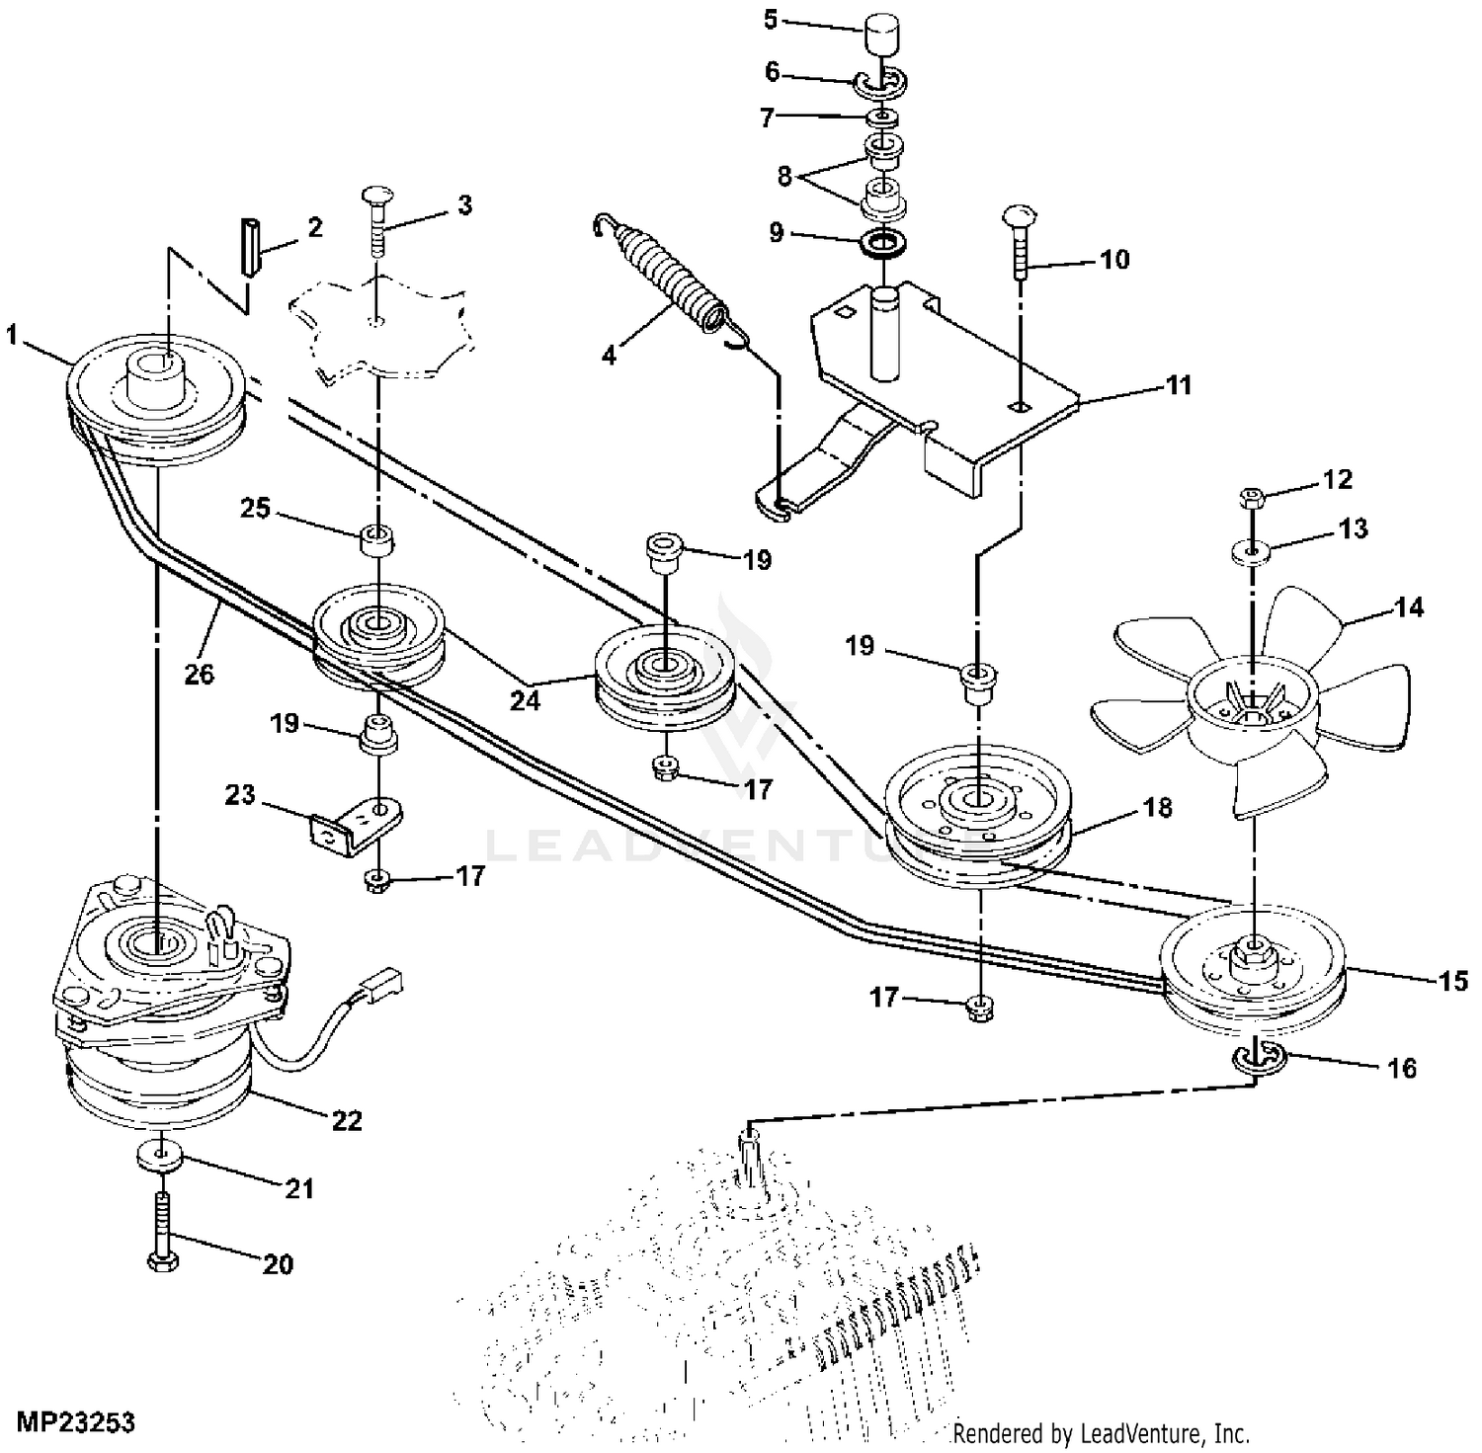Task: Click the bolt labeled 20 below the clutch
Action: tap(160, 1231)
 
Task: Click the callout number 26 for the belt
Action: tap(200, 675)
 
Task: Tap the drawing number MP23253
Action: tap(75, 1423)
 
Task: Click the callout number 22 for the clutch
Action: tap(347, 1121)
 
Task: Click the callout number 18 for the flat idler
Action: tap(1156, 807)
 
